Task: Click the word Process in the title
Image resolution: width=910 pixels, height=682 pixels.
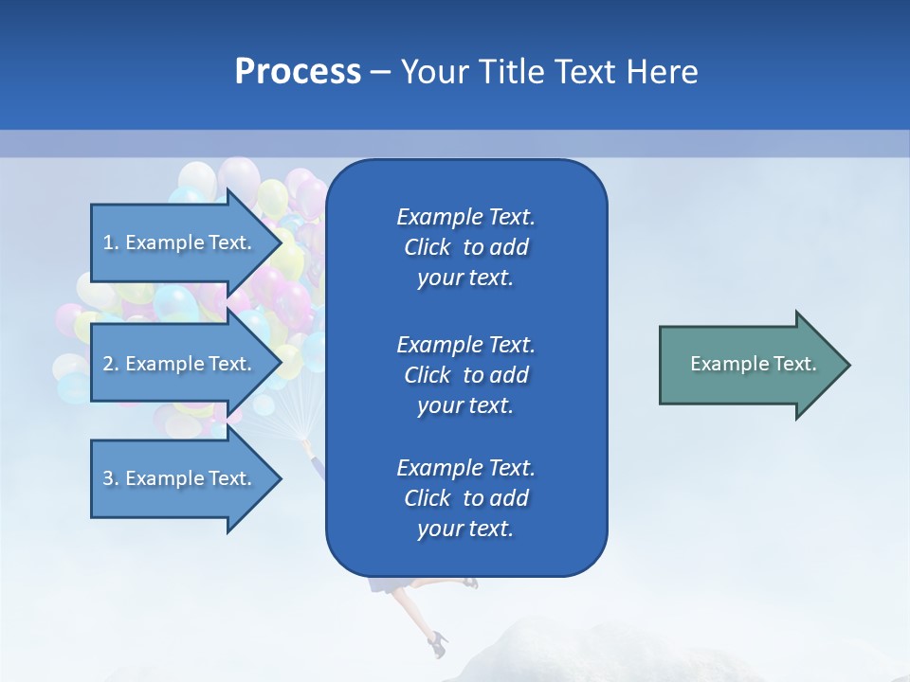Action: click(298, 72)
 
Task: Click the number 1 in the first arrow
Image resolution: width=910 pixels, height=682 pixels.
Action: click(108, 242)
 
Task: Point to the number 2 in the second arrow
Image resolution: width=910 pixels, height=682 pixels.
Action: click(108, 364)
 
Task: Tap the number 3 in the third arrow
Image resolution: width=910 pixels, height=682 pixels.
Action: click(108, 478)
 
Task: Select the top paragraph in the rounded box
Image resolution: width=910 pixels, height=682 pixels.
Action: click(465, 247)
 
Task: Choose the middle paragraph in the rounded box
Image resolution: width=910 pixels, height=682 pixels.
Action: click(465, 375)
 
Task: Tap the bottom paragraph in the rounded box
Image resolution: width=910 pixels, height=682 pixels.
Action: click(465, 498)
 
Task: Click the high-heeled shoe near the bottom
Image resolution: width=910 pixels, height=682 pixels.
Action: click(437, 644)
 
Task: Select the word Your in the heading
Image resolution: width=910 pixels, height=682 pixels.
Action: click(432, 72)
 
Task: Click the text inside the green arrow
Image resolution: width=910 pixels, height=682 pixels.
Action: click(753, 364)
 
